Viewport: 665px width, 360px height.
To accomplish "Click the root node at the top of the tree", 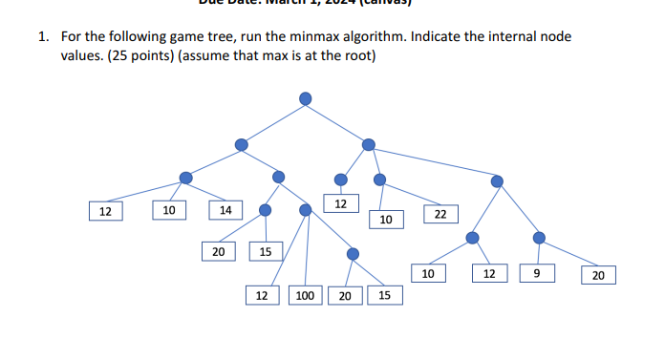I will pos(305,97).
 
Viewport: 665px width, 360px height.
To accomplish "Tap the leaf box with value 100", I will pos(305,296).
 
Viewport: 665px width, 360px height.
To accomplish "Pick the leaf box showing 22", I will pos(440,215).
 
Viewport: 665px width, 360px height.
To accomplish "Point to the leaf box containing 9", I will pos(537,275).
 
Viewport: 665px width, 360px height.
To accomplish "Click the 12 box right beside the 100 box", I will pos(261,296).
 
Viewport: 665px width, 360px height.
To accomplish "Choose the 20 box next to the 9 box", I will pos(598,276).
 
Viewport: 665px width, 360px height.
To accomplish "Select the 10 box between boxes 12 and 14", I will pos(168,209).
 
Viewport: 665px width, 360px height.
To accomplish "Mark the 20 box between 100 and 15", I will pos(345,296).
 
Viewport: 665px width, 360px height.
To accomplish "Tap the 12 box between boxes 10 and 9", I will pos(488,275).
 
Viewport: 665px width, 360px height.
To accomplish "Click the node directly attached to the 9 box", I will pos(539,237).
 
